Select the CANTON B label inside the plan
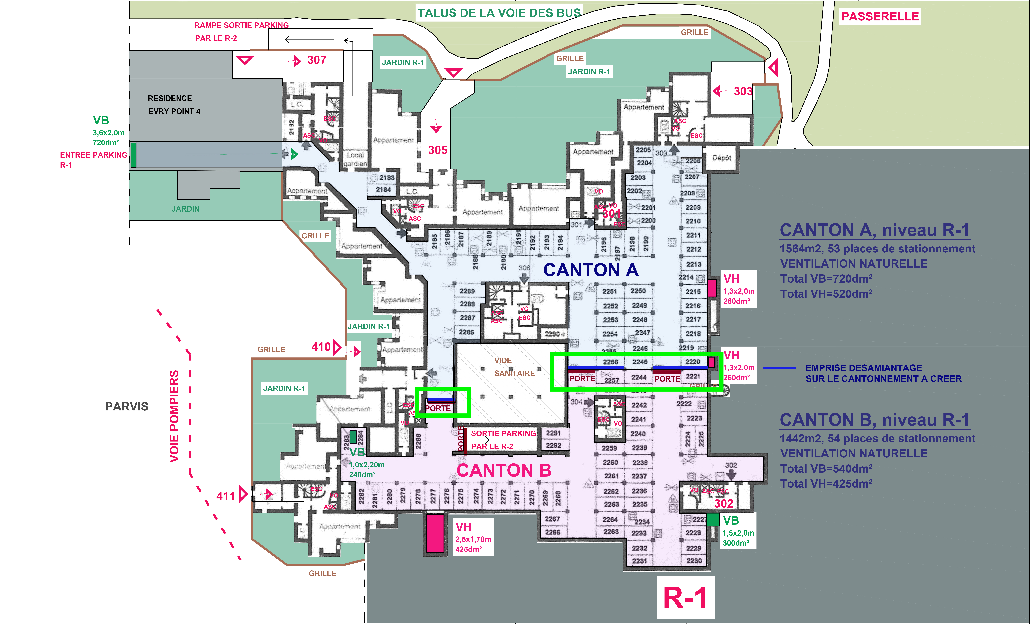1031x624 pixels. pyautogui.click(x=504, y=470)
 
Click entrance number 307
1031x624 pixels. pyautogui.click(x=317, y=60)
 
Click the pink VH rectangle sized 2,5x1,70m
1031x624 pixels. pyautogui.click(x=435, y=533)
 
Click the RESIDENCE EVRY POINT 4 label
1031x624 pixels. pyautogui.click(x=174, y=105)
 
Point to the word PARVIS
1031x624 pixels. pyautogui.click(x=127, y=407)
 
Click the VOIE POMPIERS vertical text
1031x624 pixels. pyautogui.click(x=174, y=416)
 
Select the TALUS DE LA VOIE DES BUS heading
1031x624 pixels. pyautogui.click(x=499, y=13)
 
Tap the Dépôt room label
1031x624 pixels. pyautogui.click(x=721, y=158)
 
